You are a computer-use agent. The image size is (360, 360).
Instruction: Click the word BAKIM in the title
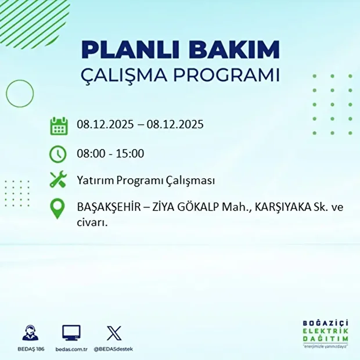(235, 50)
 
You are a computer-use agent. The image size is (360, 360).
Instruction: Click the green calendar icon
(59, 125)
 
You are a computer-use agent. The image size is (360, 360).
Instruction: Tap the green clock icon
(59, 154)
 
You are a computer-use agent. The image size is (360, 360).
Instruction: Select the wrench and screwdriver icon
(59, 181)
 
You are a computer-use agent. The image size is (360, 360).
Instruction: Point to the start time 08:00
(89, 154)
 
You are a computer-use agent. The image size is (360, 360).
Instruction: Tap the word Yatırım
(95, 181)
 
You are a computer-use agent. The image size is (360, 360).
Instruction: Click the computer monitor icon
(71, 333)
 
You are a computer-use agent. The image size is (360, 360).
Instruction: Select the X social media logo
(114, 333)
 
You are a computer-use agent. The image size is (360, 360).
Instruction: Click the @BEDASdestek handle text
(114, 349)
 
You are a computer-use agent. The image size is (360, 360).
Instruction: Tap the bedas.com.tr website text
(71, 349)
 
